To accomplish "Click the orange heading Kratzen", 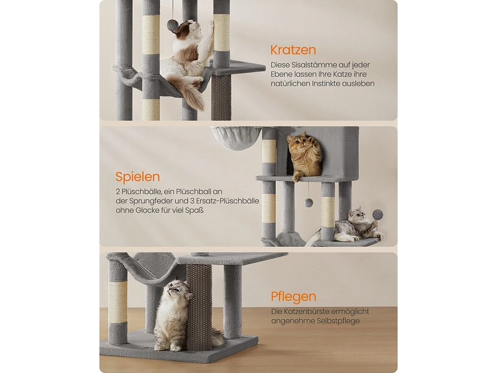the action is pos(293,50).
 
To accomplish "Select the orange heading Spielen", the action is pos(137,177).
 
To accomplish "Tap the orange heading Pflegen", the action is pos(293,297).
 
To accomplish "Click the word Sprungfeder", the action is pos(148,201).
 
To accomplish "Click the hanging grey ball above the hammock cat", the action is pos(173,24).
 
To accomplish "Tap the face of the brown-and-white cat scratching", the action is pos(194,28).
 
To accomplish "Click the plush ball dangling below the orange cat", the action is pos(308,202).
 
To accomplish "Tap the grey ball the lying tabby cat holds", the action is pos(378,215).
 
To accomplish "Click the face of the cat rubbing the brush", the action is pos(176,288).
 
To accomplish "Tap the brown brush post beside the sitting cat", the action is pos(196,308).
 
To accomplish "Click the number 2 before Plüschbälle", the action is pos(118,192).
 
